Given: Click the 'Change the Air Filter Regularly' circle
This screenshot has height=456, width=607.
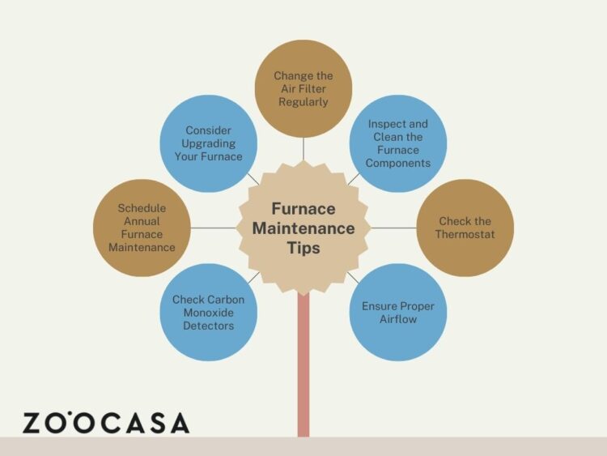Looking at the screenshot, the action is pyautogui.click(x=303, y=89).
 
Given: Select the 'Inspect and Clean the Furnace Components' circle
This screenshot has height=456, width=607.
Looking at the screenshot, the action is pyautogui.click(x=398, y=143).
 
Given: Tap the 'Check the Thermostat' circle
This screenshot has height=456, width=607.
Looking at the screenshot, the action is pyautogui.click(x=465, y=228).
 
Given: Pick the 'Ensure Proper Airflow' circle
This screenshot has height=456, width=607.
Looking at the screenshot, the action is pyautogui.click(x=398, y=313).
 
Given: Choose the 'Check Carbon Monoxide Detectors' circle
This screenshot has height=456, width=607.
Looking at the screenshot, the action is pyautogui.click(x=209, y=313).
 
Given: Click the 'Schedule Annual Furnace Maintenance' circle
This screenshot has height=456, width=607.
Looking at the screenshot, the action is pyautogui.click(x=142, y=228).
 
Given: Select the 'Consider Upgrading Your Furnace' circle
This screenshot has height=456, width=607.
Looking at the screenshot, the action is pyautogui.click(x=209, y=143).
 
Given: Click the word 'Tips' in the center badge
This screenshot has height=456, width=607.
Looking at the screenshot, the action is pyautogui.click(x=303, y=249).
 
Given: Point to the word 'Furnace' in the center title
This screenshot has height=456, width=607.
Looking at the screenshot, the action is pyautogui.click(x=303, y=208).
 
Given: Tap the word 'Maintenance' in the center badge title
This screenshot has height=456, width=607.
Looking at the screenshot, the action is pyautogui.click(x=303, y=228).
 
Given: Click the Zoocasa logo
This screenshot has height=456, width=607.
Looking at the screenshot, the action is pyautogui.click(x=106, y=422).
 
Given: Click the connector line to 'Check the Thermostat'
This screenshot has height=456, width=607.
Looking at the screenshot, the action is pyautogui.click(x=393, y=228).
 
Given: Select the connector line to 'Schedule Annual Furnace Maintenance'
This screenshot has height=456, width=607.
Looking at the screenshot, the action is pyautogui.click(x=214, y=228).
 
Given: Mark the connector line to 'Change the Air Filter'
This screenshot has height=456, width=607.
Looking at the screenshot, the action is pyautogui.click(x=303, y=149).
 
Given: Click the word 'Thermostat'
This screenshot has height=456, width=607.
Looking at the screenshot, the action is pyautogui.click(x=465, y=234).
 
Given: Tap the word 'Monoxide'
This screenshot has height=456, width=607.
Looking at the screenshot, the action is pyautogui.click(x=209, y=313).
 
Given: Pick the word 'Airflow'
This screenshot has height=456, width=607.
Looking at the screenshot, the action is pyautogui.click(x=398, y=319).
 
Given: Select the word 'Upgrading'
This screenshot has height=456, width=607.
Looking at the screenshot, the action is pyautogui.click(x=209, y=143).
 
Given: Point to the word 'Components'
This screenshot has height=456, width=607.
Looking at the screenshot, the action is pyautogui.click(x=398, y=163).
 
